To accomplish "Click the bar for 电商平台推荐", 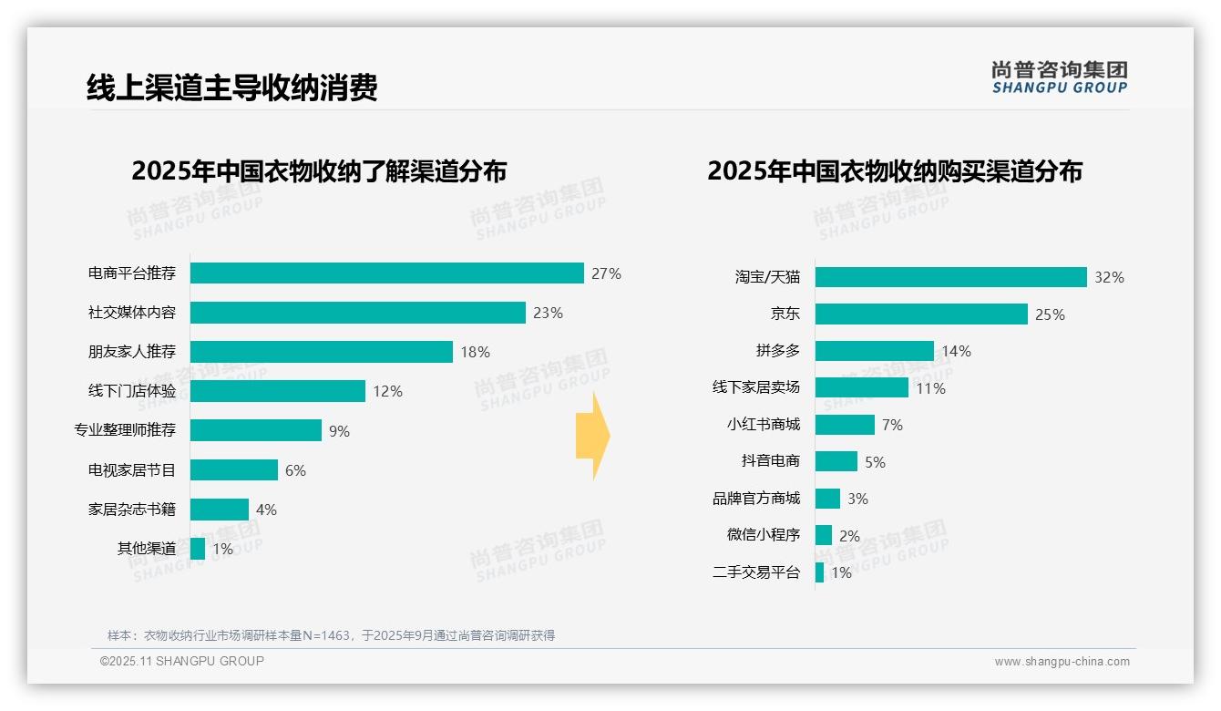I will coord(386,273).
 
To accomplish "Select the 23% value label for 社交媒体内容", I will coord(548,313).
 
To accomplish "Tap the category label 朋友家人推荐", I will coord(131,352).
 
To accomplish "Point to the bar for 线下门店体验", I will coord(278,391).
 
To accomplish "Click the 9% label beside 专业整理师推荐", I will coord(339,431).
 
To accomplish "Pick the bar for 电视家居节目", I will coord(234,470).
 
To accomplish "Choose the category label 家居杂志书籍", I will coord(131,510).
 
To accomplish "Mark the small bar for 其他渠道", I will coord(198,549).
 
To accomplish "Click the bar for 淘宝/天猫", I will coord(950,277).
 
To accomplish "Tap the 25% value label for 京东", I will coord(1050,314).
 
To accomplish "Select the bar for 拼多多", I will coord(874,351).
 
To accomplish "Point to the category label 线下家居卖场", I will coord(755,387).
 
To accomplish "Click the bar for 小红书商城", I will coord(845,425).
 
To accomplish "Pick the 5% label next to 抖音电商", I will coord(875,462).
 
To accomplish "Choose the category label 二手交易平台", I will coord(755,572).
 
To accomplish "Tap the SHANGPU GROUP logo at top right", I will coord(1059,77).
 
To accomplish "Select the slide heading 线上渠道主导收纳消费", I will coord(231,88).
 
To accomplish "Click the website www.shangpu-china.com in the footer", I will coord(1062,662).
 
